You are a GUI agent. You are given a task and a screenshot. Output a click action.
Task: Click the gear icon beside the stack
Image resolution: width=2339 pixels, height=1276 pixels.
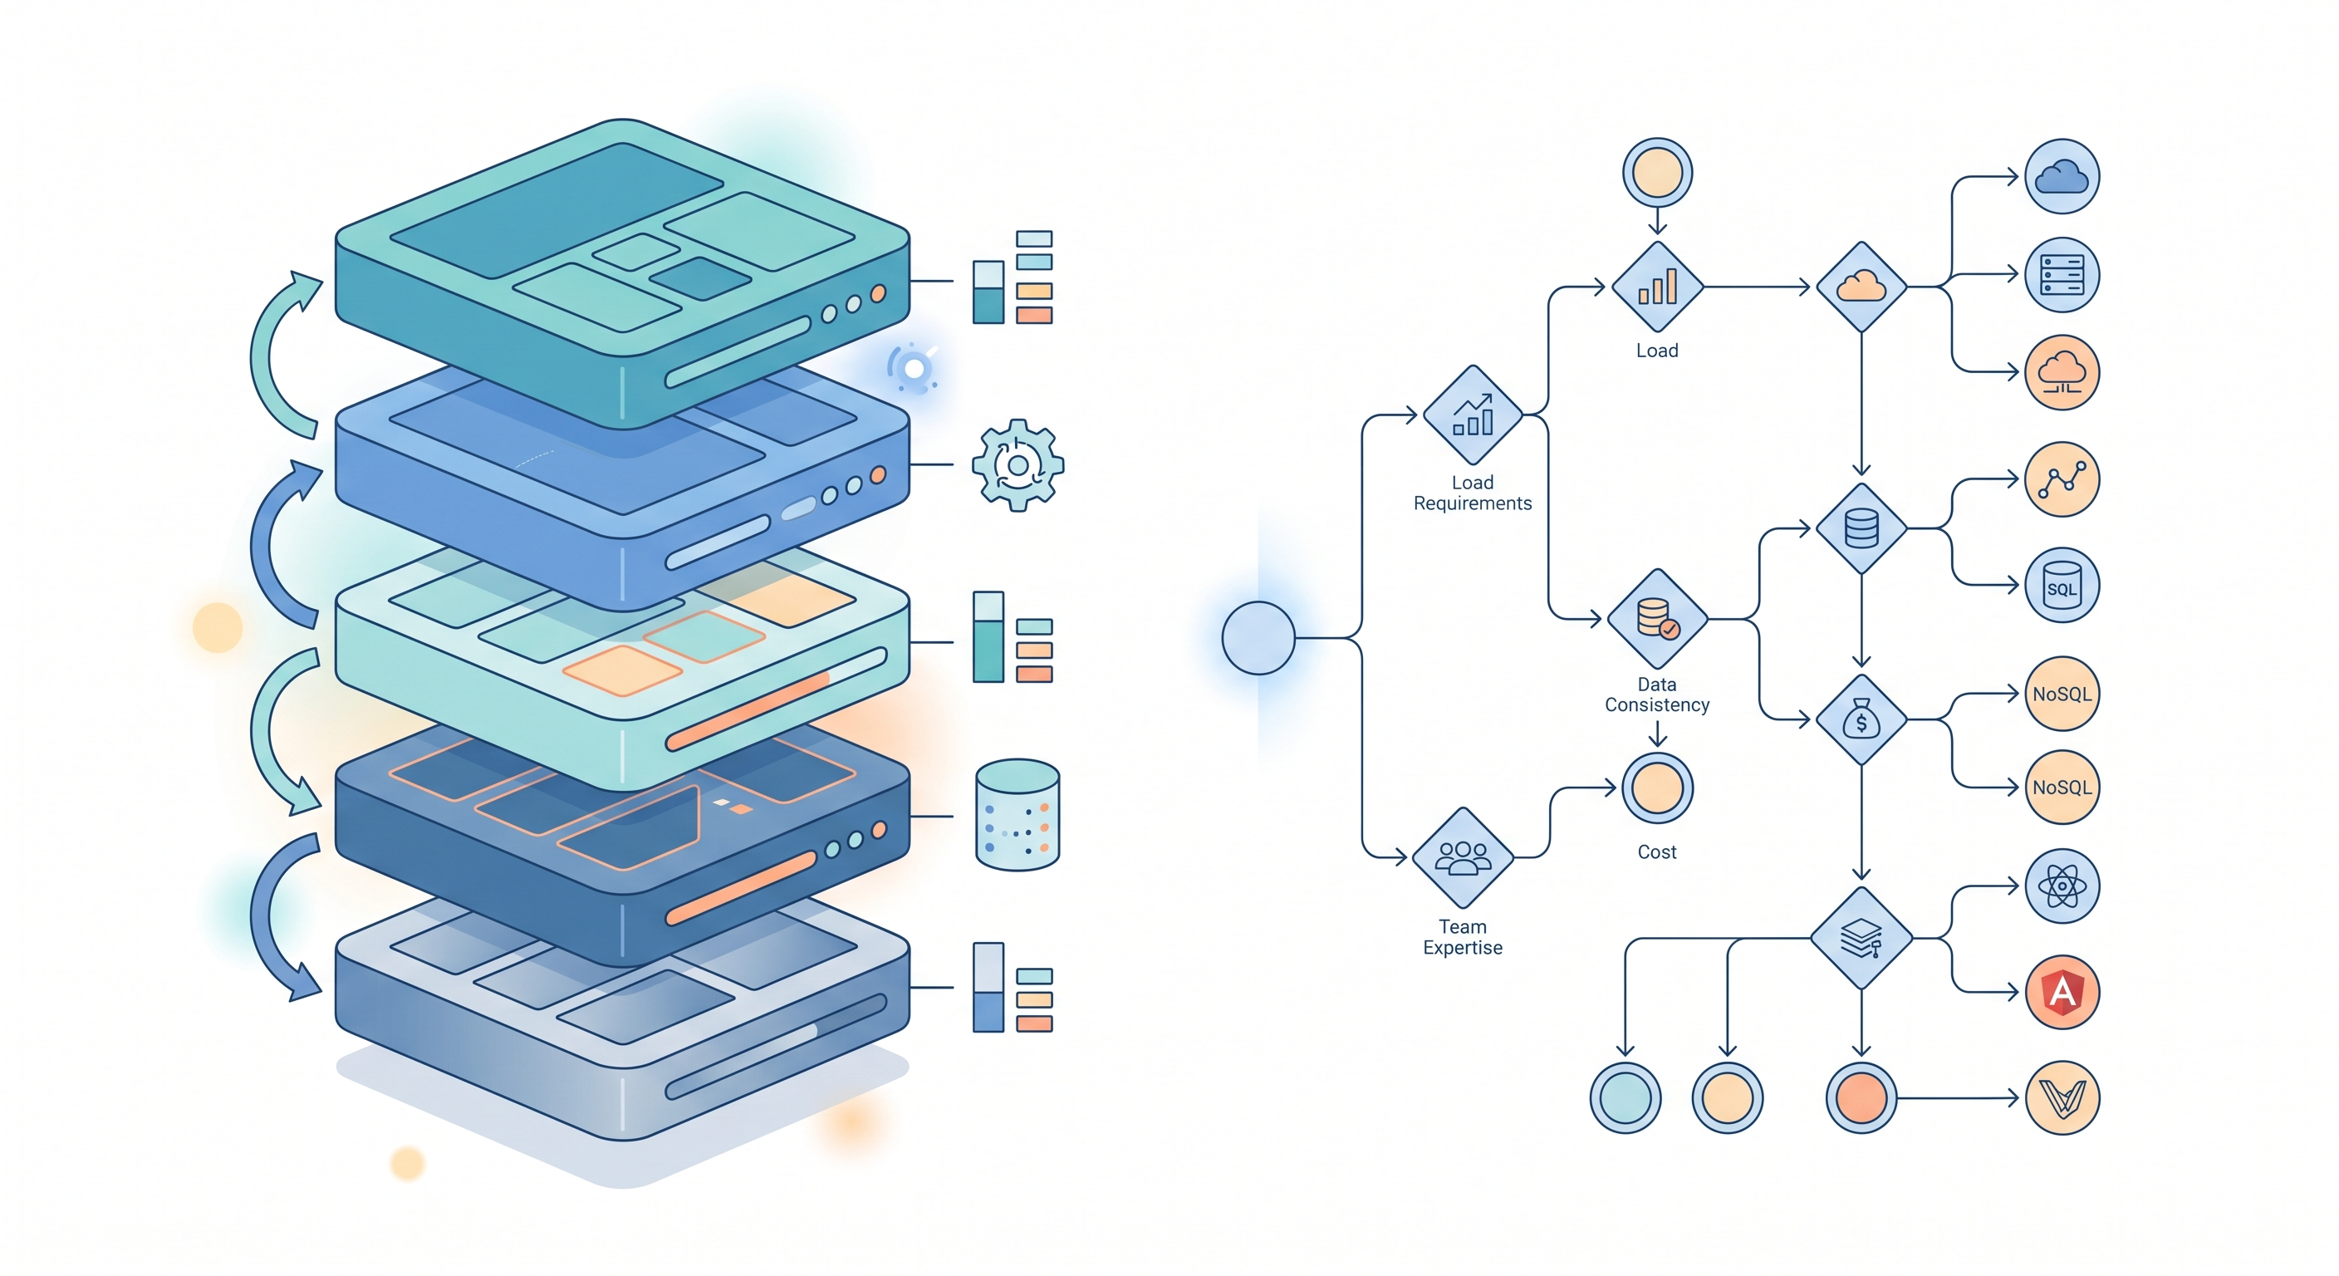[1017, 465]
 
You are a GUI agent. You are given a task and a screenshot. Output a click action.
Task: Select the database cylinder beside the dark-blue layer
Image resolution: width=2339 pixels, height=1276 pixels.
[1017, 815]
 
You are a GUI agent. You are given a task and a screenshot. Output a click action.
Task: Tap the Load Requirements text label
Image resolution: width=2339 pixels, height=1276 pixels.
[1472, 493]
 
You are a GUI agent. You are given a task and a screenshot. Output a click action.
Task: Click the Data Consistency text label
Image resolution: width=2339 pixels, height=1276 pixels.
[1656, 694]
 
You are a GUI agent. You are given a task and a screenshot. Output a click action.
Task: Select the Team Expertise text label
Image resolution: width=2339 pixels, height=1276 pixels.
[1462, 937]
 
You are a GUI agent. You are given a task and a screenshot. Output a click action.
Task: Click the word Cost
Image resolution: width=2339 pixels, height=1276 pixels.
[1656, 851]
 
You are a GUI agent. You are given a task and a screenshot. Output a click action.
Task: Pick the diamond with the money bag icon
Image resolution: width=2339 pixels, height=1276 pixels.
[1861, 719]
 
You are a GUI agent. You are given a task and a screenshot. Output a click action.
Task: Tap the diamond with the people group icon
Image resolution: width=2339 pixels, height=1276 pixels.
[1462, 856]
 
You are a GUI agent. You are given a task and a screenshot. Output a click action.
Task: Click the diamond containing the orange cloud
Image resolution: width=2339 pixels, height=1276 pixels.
[1861, 287]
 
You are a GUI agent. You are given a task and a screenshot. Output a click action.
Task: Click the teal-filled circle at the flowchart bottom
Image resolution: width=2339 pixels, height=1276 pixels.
[1625, 1097]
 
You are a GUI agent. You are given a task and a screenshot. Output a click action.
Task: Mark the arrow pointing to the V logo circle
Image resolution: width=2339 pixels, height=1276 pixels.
[1961, 1098]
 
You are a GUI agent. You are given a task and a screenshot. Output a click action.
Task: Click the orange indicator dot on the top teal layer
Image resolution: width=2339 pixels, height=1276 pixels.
[878, 293]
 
